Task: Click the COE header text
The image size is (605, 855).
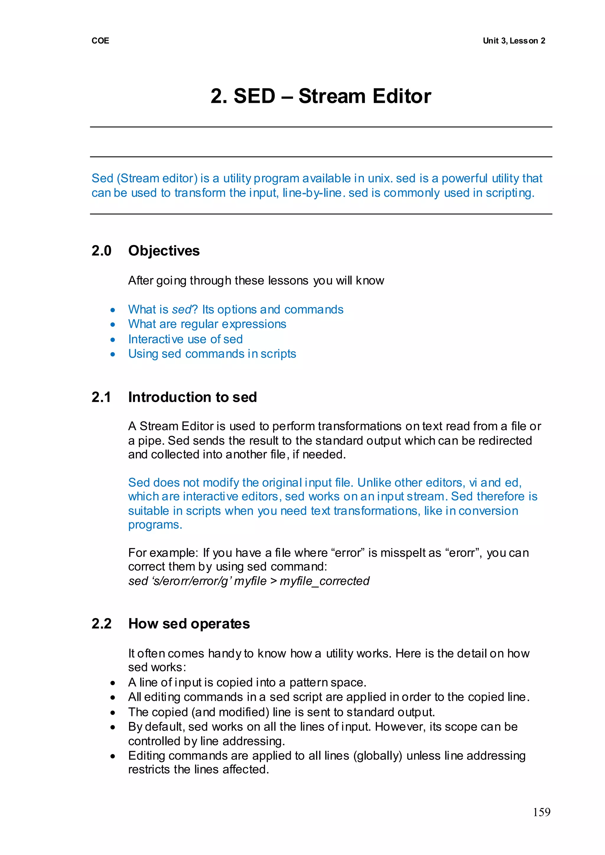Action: [x=100, y=40]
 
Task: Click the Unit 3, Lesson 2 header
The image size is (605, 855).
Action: [x=514, y=40]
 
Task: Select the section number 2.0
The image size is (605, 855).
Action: [x=101, y=251]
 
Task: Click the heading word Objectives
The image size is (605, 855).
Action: [x=164, y=251]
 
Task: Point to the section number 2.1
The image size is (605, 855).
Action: [x=101, y=397]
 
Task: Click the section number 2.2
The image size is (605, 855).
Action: [x=101, y=624]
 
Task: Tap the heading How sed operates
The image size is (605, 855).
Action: [x=189, y=624]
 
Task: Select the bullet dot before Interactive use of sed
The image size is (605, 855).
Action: [x=113, y=339]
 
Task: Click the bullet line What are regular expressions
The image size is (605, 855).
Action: [x=207, y=324]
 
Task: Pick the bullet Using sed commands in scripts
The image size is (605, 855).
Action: [x=212, y=354]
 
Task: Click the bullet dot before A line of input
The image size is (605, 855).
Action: [x=113, y=683]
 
